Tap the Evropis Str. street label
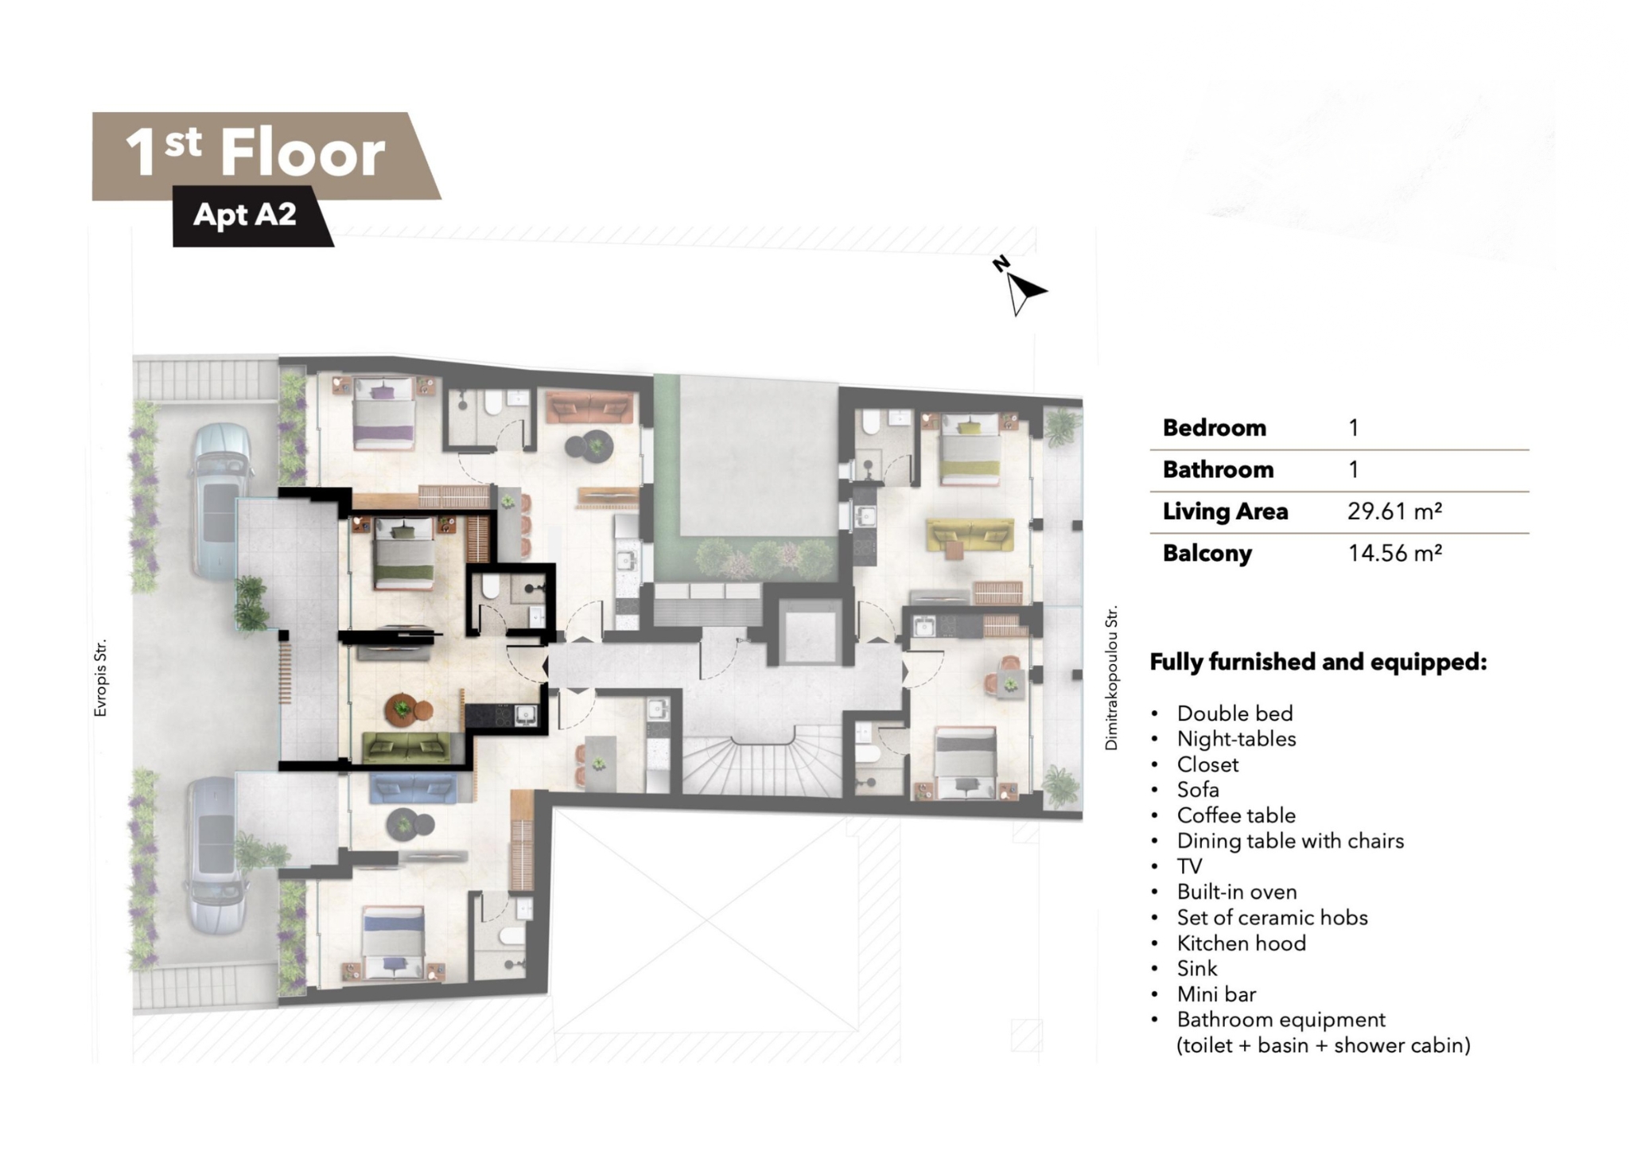pos(100,678)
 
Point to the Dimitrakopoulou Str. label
pos(1111,678)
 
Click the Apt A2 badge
pos(245,215)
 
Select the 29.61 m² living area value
pos(1394,511)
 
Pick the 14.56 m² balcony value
pos(1394,553)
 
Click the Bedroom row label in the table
pos(1214,428)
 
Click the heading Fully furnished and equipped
pos(1318,662)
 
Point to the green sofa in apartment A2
pos(406,748)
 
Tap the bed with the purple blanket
pos(384,412)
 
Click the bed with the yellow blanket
pos(970,449)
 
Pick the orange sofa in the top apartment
pos(589,406)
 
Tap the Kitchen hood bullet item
pos(1242,943)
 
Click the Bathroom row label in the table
pos(1218,469)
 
